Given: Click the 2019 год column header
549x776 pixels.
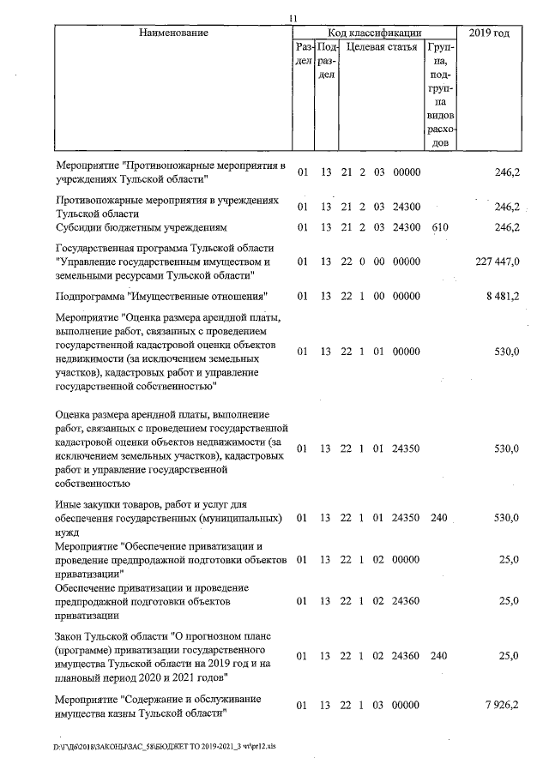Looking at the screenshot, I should (495, 33).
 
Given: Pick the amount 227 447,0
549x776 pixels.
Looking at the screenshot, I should (496, 262).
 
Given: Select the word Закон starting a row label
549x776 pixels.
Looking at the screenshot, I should (70, 635).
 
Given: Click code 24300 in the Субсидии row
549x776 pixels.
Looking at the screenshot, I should (406, 227).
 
